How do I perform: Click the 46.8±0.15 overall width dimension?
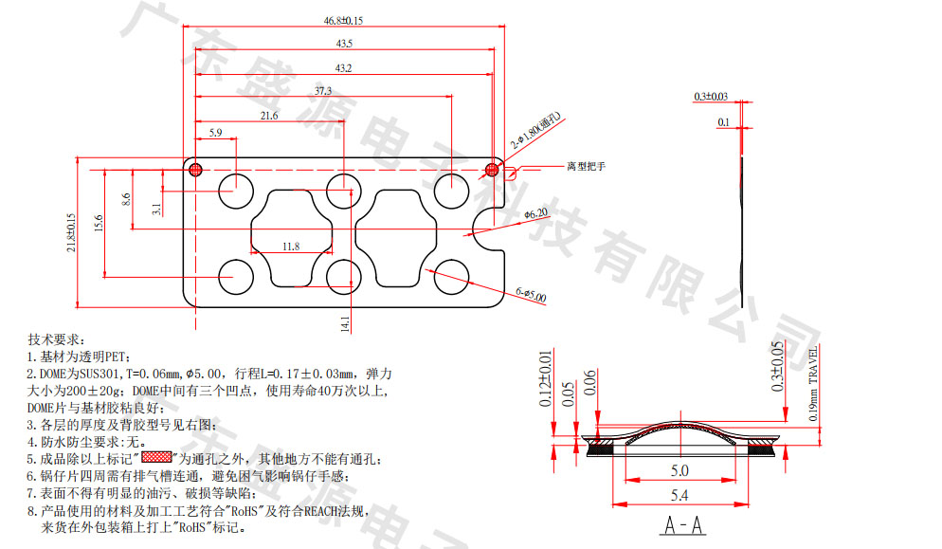click(342, 20)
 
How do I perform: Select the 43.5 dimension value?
click(343, 44)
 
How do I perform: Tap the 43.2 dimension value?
click(343, 68)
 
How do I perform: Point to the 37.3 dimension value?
click(322, 91)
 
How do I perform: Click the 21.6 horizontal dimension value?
click(268, 116)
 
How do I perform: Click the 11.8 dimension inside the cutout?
click(290, 247)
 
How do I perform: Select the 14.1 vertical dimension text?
click(345, 322)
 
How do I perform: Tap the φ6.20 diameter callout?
click(534, 214)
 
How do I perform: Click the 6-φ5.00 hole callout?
click(531, 297)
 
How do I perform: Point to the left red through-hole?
click(196, 170)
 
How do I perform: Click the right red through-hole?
click(491, 170)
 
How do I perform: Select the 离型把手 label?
click(586, 166)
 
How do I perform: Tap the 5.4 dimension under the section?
click(679, 495)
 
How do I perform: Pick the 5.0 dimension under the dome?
click(679, 470)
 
